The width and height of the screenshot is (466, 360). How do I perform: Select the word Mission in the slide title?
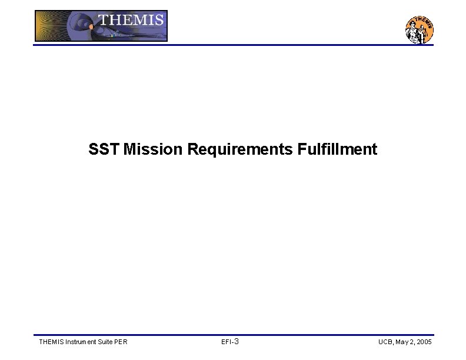click(x=153, y=149)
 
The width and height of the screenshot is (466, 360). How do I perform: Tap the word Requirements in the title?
click(x=239, y=149)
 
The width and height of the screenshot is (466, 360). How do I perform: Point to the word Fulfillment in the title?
click(x=337, y=149)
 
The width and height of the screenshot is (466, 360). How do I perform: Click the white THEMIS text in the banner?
click(x=131, y=20)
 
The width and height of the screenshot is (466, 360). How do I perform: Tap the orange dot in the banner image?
click(x=91, y=26)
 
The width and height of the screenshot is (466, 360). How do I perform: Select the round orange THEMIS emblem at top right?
click(x=420, y=29)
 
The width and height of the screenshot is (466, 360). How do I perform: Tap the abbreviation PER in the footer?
click(x=122, y=342)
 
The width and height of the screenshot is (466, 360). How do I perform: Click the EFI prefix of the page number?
click(x=226, y=342)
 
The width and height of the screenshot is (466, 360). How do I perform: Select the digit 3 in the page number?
click(x=236, y=342)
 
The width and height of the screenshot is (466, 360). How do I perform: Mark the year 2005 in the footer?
click(x=425, y=342)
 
